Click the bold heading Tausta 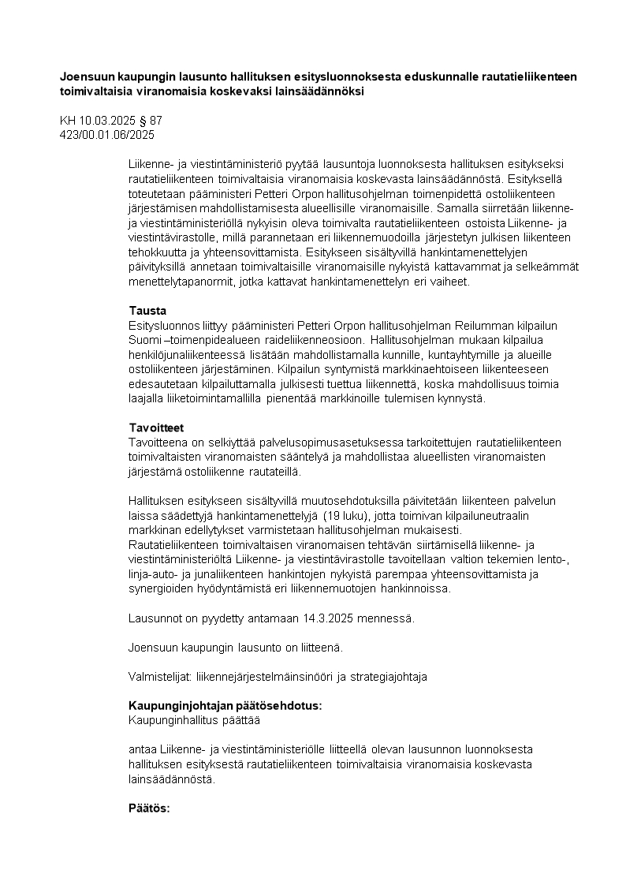coord(147,311)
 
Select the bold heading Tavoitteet coord(156,428)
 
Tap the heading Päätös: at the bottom coord(149,809)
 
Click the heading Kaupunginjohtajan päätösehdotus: coord(225,706)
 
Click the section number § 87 coord(150,121)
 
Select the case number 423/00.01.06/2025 coord(107,135)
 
